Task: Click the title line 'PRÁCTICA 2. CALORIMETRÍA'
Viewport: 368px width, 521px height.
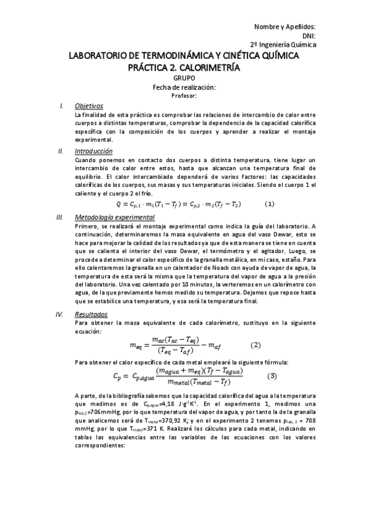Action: (184, 66)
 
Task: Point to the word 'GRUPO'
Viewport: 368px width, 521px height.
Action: (184, 78)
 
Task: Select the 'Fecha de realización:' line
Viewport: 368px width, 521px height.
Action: (184, 87)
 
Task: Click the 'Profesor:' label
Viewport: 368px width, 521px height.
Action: (184, 96)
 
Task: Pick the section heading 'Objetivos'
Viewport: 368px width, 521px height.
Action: (88, 106)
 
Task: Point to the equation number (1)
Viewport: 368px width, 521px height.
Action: (268, 204)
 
